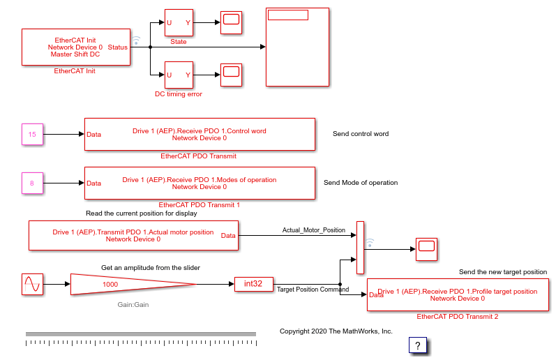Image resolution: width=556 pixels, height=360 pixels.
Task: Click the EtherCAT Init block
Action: click(x=76, y=47)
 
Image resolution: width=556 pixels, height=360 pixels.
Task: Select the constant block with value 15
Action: click(x=32, y=134)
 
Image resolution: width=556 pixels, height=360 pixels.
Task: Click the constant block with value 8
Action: click(x=32, y=183)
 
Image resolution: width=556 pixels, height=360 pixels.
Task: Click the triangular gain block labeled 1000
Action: click(x=126, y=284)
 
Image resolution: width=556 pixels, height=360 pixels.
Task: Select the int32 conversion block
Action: click(x=253, y=283)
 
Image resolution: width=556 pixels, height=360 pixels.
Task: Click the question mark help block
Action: click(x=417, y=345)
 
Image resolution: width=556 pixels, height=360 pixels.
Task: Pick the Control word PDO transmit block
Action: click(x=200, y=134)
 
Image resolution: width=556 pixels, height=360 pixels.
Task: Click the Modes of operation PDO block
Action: click(x=200, y=183)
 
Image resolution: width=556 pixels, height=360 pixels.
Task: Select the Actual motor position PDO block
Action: click(x=133, y=235)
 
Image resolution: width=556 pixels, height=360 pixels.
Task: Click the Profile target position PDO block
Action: click(x=458, y=294)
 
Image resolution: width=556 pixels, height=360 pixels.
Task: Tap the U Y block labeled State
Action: click(x=179, y=22)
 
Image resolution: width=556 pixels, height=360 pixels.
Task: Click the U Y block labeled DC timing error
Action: click(x=179, y=75)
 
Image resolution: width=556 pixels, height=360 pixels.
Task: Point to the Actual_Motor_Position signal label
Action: click(x=313, y=230)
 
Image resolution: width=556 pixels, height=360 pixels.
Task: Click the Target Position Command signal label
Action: click(x=313, y=289)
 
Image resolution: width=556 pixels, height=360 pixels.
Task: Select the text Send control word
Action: click(x=361, y=134)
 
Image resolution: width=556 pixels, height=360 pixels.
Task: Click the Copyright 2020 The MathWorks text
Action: click(x=336, y=331)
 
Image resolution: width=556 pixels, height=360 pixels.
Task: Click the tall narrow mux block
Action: click(x=360, y=248)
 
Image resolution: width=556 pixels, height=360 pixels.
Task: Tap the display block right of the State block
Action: click(x=231, y=22)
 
